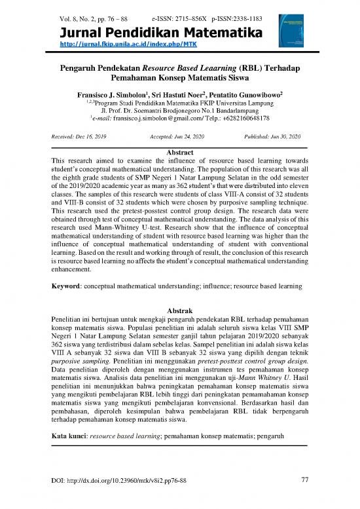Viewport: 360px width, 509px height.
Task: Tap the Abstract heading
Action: [179, 151]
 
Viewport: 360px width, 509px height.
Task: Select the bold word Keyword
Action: [69, 288]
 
